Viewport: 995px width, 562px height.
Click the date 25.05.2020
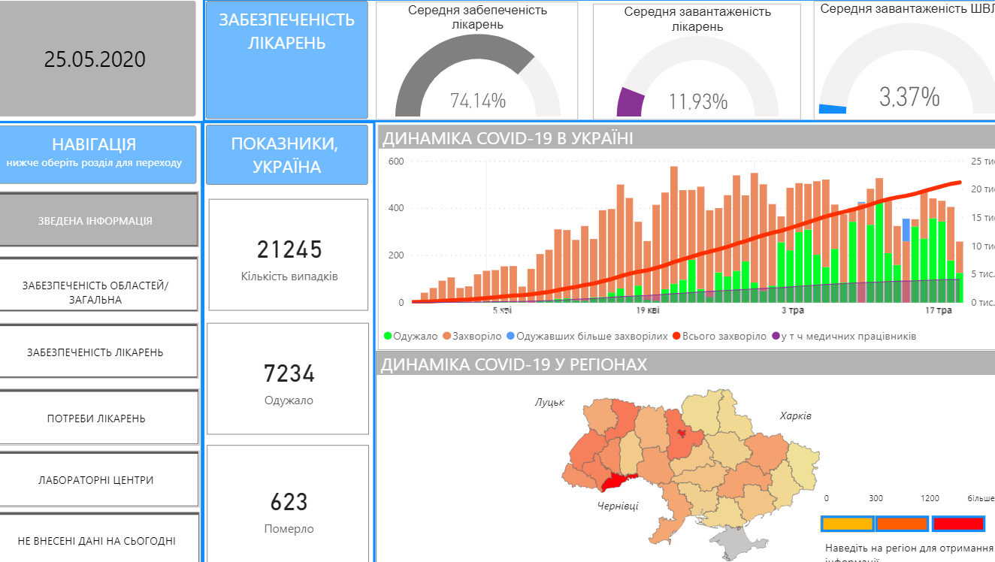point(95,59)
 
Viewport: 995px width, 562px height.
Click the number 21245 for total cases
point(289,249)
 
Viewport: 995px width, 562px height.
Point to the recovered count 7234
point(289,373)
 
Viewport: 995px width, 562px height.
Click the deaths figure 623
point(289,502)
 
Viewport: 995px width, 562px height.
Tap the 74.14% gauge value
point(478,101)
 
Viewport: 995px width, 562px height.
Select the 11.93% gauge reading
point(698,101)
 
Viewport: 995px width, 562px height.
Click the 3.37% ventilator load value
point(909,97)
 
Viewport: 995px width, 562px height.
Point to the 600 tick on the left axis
point(395,162)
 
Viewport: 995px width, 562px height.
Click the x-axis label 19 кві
point(648,310)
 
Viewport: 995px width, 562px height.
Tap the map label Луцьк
point(549,403)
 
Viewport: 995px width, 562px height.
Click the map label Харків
point(795,415)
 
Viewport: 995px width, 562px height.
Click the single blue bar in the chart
point(906,230)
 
